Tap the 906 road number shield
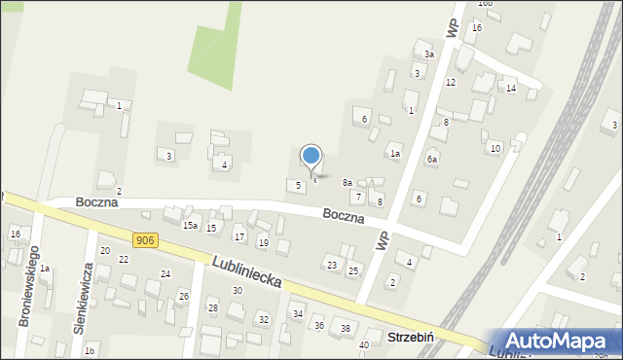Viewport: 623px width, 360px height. (145, 240)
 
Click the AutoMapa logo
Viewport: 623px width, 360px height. (560, 342)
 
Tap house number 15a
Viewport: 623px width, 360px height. (190, 226)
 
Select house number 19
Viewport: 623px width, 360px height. (263, 242)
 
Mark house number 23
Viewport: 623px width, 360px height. (332, 266)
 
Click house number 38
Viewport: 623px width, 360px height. (346, 329)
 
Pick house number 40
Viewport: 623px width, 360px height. (364, 344)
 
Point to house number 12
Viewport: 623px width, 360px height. (450, 83)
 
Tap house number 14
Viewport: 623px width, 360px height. (510, 89)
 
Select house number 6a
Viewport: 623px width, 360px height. (432, 159)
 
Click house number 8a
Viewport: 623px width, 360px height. (347, 183)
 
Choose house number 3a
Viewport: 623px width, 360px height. (428, 54)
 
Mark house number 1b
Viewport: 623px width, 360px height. (90, 350)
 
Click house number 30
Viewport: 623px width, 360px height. (237, 291)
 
